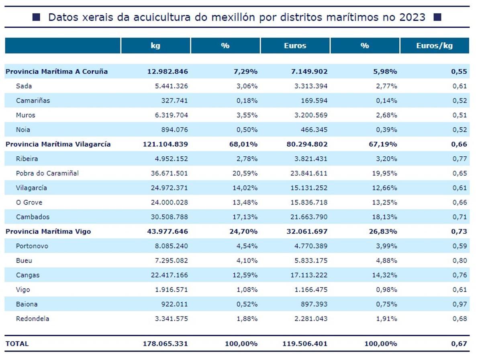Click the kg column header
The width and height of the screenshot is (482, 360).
[x=155, y=46]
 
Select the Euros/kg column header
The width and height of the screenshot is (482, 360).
[x=434, y=46]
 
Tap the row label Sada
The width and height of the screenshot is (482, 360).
[x=24, y=86]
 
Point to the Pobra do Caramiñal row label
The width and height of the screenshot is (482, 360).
[x=47, y=173]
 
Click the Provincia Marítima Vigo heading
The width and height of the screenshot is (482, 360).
[x=48, y=231]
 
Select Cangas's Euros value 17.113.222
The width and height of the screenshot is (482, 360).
[x=309, y=275]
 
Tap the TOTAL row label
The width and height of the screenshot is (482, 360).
[x=17, y=344]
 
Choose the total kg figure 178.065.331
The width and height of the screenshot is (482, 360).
[x=165, y=344]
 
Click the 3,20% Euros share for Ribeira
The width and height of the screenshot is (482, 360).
[x=386, y=159]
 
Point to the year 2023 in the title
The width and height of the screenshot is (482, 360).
[x=412, y=17]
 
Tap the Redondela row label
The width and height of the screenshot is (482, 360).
[x=33, y=319]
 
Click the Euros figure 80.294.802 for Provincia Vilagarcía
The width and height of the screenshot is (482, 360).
[x=306, y=144]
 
